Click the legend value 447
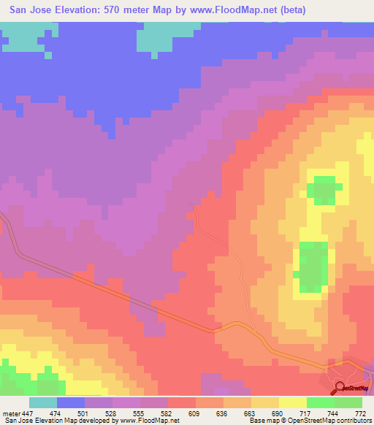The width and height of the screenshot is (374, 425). tap(26, 413)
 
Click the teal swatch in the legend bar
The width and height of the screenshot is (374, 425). tap(43, 402)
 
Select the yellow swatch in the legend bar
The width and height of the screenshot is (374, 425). tap(293, 402)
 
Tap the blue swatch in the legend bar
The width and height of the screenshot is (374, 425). tap(71, 402)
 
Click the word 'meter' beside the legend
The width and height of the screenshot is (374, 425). tap(10, 413)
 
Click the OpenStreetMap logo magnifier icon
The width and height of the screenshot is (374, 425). tap(339, 388)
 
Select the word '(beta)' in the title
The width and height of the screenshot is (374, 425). tap(291, 9)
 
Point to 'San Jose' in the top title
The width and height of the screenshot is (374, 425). tap(27, 9)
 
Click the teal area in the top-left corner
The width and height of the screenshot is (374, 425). tap(22, 40)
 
